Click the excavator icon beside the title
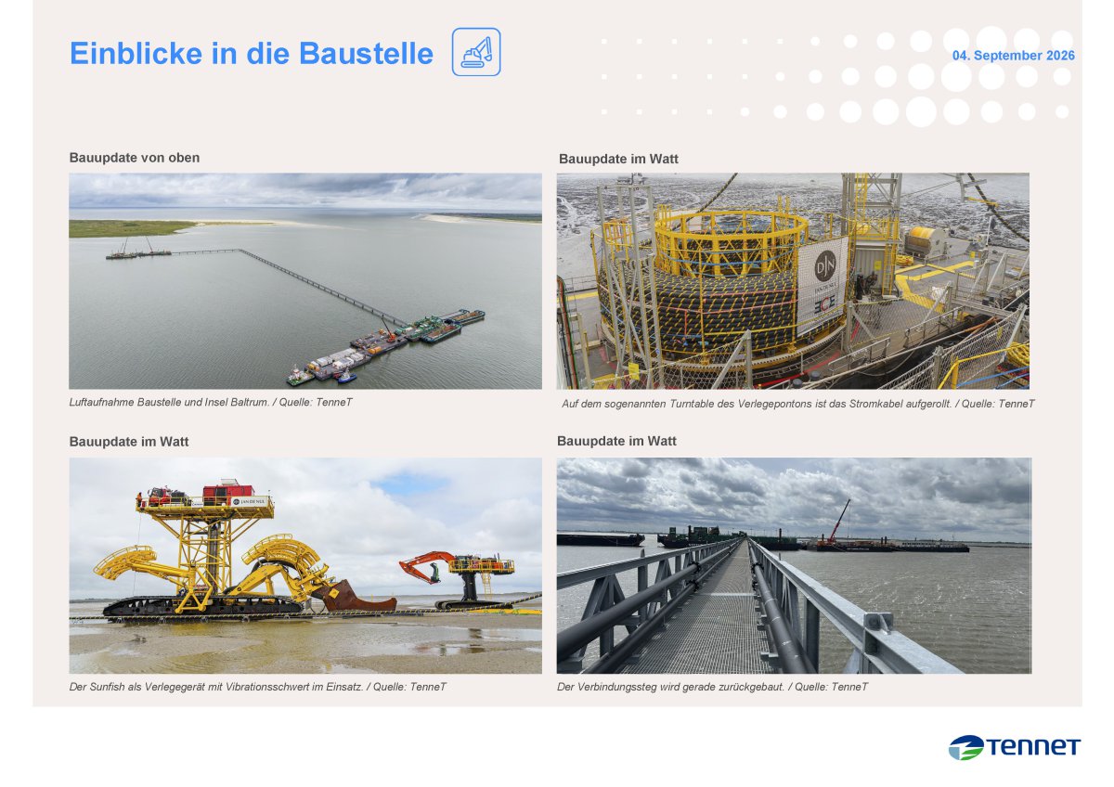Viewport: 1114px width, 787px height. point(476,52)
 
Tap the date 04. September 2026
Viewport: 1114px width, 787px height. point(1013,56)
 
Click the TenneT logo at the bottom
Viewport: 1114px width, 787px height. point(1014,747)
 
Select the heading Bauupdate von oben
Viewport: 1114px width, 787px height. point(135,158)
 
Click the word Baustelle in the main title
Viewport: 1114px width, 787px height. point(366,53)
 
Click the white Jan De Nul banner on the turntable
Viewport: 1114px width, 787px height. point(823,284)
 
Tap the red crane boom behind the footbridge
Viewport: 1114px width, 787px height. point(839,521)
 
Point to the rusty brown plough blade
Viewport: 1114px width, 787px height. point(354,597)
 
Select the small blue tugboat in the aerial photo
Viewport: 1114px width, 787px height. point(346,377)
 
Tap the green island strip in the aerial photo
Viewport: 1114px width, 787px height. point(130,228)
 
